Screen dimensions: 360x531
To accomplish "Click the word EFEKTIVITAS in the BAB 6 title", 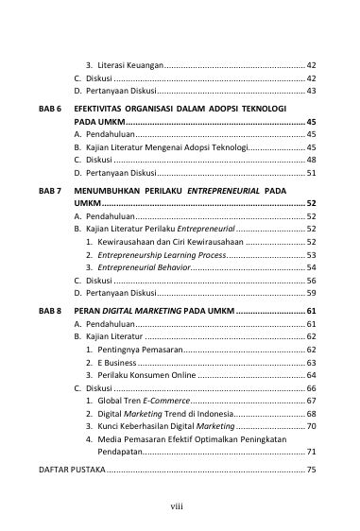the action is pos(102,111).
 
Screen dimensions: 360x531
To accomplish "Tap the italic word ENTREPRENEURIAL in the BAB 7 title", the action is pos(224,190).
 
